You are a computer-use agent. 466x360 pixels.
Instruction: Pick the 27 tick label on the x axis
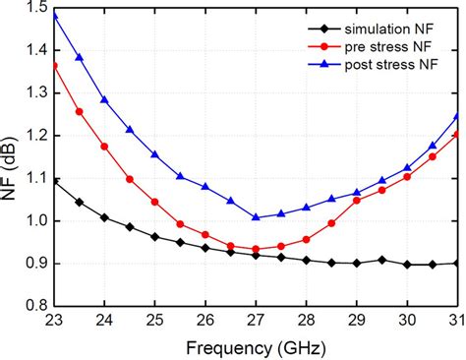pyautogui.click(x=256, y=321)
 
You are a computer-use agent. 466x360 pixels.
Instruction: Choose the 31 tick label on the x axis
pyautogui.click(x=457, y=321)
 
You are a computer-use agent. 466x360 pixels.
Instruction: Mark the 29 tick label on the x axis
pyautogui.click(x=357, y=321)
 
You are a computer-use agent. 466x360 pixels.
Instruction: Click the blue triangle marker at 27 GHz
pyautogui.click(x=256, y=217)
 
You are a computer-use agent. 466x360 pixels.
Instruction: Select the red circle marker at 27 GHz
pyautogui.click(x=256, y=249)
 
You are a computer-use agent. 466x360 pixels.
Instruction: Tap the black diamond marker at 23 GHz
pyautogui.click(x=54, y=182)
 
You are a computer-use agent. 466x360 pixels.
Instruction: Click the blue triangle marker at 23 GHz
pyautogui.click(x=54, y=16)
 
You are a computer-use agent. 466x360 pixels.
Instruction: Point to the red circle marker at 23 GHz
pyautogui.click(x=54, y=66)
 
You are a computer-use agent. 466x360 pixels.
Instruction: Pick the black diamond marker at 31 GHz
pyautogui.click(x=457, y=263)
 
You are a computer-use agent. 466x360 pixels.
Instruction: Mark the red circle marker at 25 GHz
pyautogui.click(x=155, y=202)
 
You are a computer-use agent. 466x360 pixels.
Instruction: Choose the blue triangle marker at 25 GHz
pyautogui.click(x=155, y=154)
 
